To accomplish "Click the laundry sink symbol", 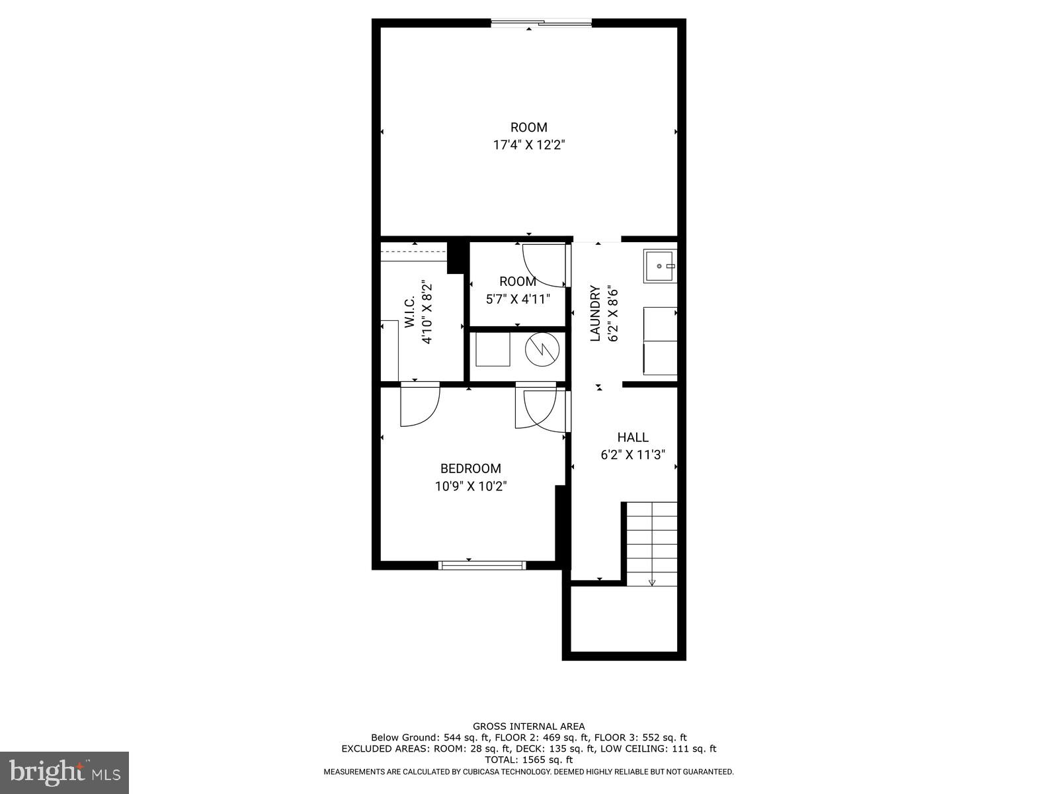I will click(x=660, y=266).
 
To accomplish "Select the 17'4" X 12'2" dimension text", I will click(x=528, y=145).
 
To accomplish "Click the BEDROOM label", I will click(x=470, y=468).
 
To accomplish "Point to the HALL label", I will click(x=633, y=437).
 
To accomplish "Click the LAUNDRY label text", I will click(x=595, y=313).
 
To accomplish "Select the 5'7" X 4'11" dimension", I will click(x=518, y=299).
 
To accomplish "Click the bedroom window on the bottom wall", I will click(x=482, y=565).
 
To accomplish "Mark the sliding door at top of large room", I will click(x=541, y=24).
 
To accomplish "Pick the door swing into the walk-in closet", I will click(x=419, y=405).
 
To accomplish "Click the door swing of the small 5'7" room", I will click(x=545, y=265).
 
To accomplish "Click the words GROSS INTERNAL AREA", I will click(x=528, y=726).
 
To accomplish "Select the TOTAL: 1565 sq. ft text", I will click(x=528, y=760).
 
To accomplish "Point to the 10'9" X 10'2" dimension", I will click(x=470, y=486).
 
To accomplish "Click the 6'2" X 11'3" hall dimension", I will click(x=633, y=455).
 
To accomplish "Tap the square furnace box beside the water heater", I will click(x=493, y=349).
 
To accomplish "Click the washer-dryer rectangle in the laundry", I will click(x=660, y=341).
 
